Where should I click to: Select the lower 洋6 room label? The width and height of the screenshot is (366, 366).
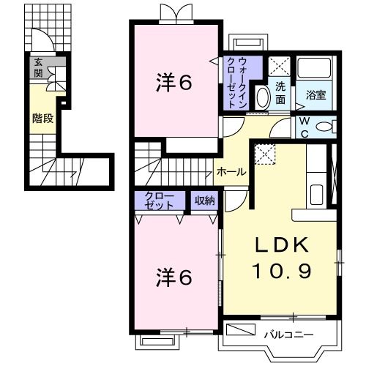pos(173,278)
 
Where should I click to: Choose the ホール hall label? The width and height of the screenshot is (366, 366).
pos(231,172)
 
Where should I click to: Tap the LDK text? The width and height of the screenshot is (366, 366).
pos(281,244)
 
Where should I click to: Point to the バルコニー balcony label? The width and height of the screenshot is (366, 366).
pos(289,335)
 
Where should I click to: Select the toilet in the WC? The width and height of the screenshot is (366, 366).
pos(327,127)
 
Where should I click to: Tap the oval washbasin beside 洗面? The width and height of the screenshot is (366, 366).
pos(261,97)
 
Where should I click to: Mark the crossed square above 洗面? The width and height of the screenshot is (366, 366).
pos(280,65)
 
